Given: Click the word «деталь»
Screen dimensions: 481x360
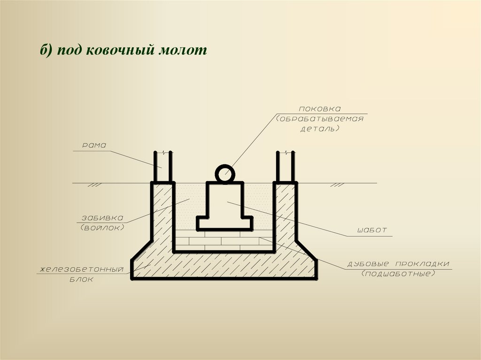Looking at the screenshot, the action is pyautogui.click(x=320, y=128).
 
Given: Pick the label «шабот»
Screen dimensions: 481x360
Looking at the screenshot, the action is pyautogui.click(x=372, y=230).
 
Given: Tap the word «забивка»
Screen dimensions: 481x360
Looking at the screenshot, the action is pyautogui.click(x=102, y=218).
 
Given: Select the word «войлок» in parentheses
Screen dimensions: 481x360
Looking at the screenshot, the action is pyautogui.click(x=102, y=228).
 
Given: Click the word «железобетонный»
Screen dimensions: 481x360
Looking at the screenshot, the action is pyautogui.click(x=81, y=269).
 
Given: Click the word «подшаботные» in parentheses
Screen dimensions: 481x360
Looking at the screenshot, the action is pyautogui.click(x=397, y=273).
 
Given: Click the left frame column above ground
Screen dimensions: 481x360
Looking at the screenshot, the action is pyautogui.click(x=163, y=167).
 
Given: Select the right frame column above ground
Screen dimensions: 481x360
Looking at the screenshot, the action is pyautogui.click(x=285, y=167).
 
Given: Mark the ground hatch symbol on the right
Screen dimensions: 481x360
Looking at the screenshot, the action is pyautogui.click(x=336, y=185).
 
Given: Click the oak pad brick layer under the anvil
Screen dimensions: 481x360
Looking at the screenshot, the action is pyautogui.click(x=223, y=241).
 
